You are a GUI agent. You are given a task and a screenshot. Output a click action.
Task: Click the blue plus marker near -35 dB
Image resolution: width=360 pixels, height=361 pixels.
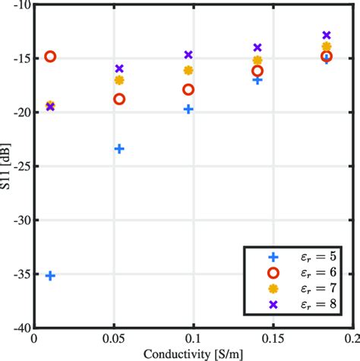tap(50, 275)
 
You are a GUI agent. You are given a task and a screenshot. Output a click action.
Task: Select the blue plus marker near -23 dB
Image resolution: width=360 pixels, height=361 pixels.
tap(119, 149)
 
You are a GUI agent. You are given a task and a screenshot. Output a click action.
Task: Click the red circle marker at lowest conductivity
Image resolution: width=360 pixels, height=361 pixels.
tap(50, 56)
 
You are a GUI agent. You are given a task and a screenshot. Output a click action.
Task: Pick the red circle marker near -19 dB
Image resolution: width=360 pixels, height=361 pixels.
tap(119, 99)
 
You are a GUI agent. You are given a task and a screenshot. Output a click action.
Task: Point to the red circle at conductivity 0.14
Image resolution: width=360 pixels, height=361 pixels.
tap(257, 71)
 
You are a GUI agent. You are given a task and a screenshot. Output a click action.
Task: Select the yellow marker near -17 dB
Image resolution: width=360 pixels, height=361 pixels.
tap(119, 80)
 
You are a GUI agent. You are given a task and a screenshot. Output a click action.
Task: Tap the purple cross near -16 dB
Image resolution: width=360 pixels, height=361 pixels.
tap(119, 68)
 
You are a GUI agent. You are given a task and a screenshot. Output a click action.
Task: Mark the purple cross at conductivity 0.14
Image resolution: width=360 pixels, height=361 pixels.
tap(257, 47)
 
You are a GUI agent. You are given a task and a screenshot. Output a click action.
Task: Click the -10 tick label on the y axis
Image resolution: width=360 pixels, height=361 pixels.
tap(21, 5)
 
